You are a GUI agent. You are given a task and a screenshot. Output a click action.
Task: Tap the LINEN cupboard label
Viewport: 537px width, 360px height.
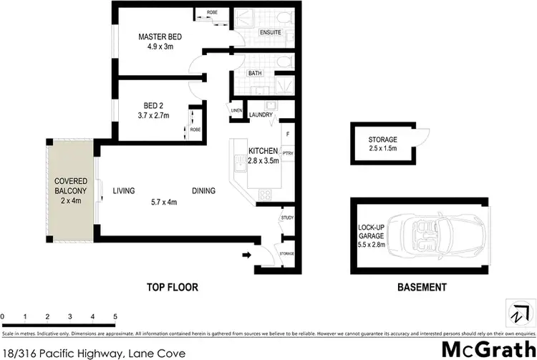(236, 110)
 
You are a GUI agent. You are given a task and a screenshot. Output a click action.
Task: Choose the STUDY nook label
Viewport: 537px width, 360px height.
(288, 218)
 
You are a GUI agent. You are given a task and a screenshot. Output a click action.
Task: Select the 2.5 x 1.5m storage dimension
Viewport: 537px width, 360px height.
(382, 149)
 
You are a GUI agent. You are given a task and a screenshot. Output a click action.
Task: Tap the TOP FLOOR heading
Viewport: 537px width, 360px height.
(172, 288)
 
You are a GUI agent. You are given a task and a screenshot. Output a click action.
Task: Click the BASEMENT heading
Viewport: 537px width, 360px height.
(421, 288)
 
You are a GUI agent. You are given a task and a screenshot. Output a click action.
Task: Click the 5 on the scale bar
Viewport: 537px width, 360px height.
(115, 316)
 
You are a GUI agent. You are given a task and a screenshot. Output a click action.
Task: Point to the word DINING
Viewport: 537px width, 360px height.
(204, 191)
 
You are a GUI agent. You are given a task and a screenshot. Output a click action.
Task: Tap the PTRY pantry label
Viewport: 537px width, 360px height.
(289, 152)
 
